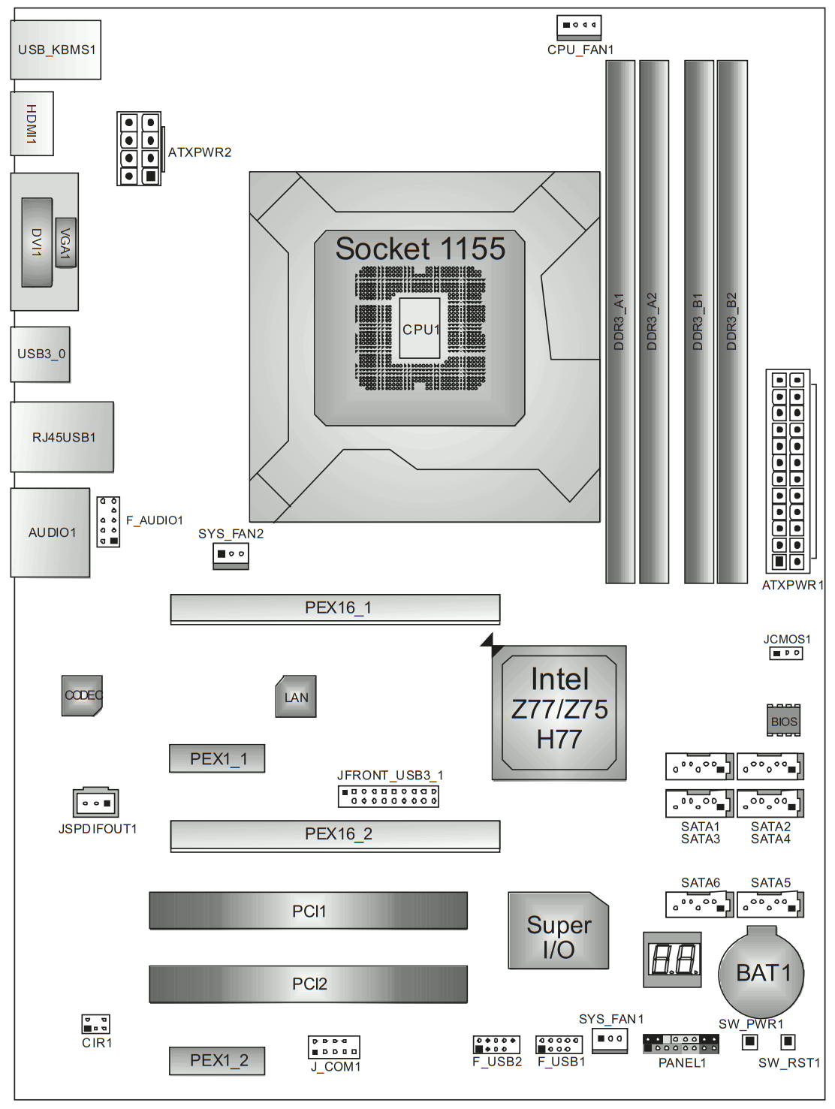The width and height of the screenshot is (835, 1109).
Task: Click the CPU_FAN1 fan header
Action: [578, 27]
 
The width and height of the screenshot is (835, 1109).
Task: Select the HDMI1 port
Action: [32, 123]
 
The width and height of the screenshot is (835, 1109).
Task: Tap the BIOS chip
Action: [783, 720]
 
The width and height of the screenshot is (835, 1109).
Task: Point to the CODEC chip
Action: [82, 695]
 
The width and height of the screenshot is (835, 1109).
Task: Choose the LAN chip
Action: [296, 696]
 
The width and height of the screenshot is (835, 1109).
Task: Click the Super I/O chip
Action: [558, 930]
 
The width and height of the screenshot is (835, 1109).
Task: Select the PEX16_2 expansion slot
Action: [335, 836]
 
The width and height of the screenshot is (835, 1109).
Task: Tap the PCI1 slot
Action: [308, 911]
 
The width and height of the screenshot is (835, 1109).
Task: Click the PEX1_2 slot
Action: [217, 1060]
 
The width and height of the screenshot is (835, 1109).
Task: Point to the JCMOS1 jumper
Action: [785, 653]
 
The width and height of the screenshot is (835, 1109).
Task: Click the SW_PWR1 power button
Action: [749, 1041]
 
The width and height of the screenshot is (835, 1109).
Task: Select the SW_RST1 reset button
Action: [788, 1041]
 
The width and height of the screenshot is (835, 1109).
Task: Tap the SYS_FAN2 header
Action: [231, 556]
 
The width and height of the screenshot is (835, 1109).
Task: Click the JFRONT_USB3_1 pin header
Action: [388, 796]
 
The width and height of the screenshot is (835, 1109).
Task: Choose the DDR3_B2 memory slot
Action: [732, 322]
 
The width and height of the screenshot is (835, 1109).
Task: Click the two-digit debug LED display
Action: [672, 960]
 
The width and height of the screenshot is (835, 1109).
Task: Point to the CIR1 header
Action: [95, 1024]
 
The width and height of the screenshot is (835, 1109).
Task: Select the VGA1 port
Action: [65, 243]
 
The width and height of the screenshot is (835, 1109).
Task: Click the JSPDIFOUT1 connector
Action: [95, 803]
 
